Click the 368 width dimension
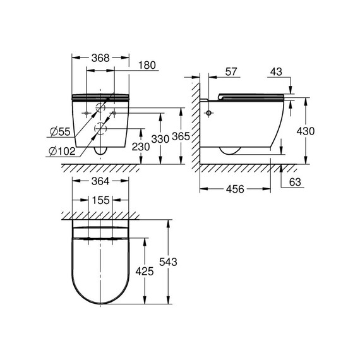(x=100, y=57)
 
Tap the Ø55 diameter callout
(x=60, y=131)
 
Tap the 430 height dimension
(x=306, y=131)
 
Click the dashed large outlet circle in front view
(x=100, y=130)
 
